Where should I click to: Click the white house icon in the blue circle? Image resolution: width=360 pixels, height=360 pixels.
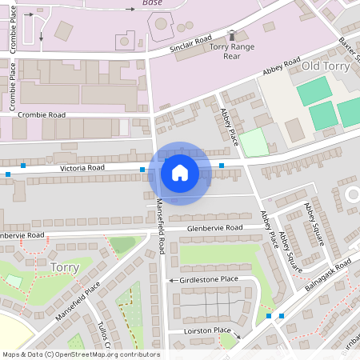[x=180, y=172]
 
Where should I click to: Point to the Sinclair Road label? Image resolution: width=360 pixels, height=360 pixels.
[x=190, y=44]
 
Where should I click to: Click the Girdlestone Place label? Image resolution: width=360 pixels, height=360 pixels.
[x=209, y=279]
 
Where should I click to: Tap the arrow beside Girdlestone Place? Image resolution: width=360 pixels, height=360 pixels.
[x=172, y=280]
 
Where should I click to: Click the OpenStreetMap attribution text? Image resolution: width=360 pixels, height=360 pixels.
[x=80, y=354]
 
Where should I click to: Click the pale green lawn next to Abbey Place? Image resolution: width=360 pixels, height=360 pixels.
[x=255, y=142]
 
